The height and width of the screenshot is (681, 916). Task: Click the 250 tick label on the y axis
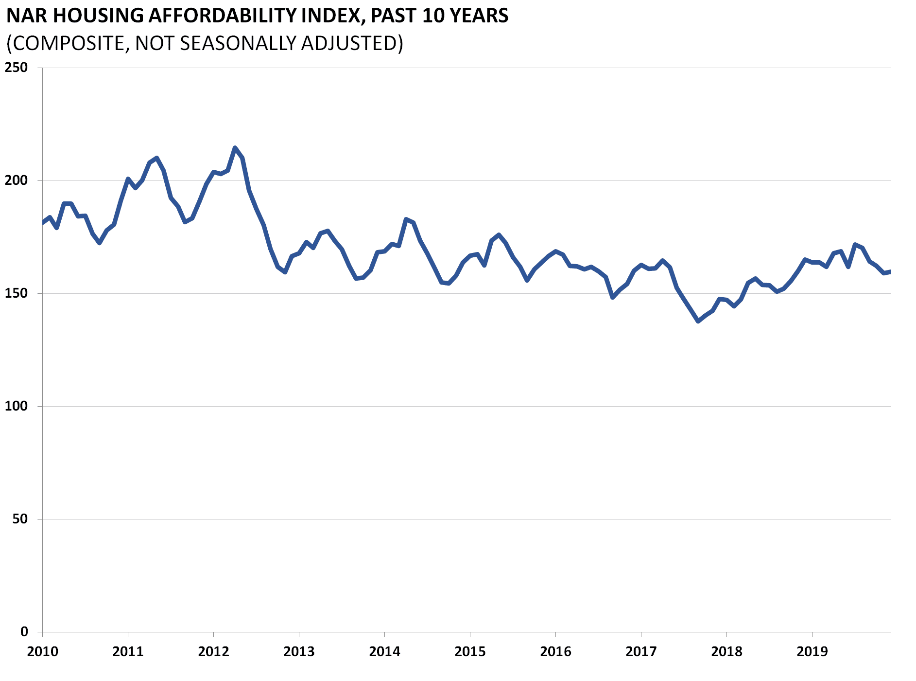pos(16,68)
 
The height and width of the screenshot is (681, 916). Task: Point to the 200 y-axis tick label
pos(16,180)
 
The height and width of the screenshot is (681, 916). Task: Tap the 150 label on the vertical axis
pos(16,293)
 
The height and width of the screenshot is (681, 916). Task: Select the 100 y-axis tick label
pos(16,406)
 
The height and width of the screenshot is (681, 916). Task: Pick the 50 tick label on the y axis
pos(20,519)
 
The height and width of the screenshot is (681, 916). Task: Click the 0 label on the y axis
pos(24,632)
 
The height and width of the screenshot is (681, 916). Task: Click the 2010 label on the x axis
pos(42,652)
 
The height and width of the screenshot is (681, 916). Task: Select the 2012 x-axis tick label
pos(213,652)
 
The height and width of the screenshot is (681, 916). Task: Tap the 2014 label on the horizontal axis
pos(384,652)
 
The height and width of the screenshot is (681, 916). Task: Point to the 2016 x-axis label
pos(555,652)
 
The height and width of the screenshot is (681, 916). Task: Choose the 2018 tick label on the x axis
pos(726,652)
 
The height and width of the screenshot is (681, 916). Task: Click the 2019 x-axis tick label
pos(812,652)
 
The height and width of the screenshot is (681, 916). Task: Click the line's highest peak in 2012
pos(235,147)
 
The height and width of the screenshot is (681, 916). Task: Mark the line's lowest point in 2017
pos(698,322)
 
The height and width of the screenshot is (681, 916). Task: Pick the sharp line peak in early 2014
pos(406,219)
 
